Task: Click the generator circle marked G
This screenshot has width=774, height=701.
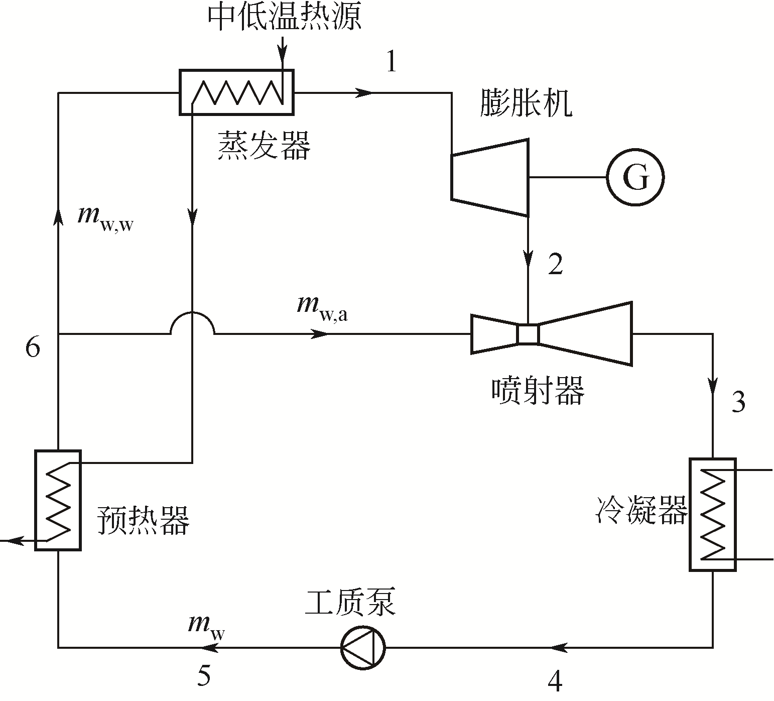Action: click(635, 177)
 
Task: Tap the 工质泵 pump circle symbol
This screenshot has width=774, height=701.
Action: click(362, 647)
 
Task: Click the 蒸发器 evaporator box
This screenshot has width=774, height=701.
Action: click(236, 92)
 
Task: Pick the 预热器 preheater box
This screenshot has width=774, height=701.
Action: click(58, 500)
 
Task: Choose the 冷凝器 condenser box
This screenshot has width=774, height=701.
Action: click(712, 514)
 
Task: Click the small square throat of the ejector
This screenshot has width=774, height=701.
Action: click(528, 334)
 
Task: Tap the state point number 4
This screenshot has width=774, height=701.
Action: click(555, 681)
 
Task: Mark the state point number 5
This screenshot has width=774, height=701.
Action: click(203, 675)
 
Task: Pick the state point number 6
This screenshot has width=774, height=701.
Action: click(33, 347)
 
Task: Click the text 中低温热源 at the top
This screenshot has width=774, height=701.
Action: click(284, 18)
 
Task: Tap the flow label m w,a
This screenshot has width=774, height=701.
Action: click(322, 307)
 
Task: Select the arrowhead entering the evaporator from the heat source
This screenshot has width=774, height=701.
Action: click(283, 50)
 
